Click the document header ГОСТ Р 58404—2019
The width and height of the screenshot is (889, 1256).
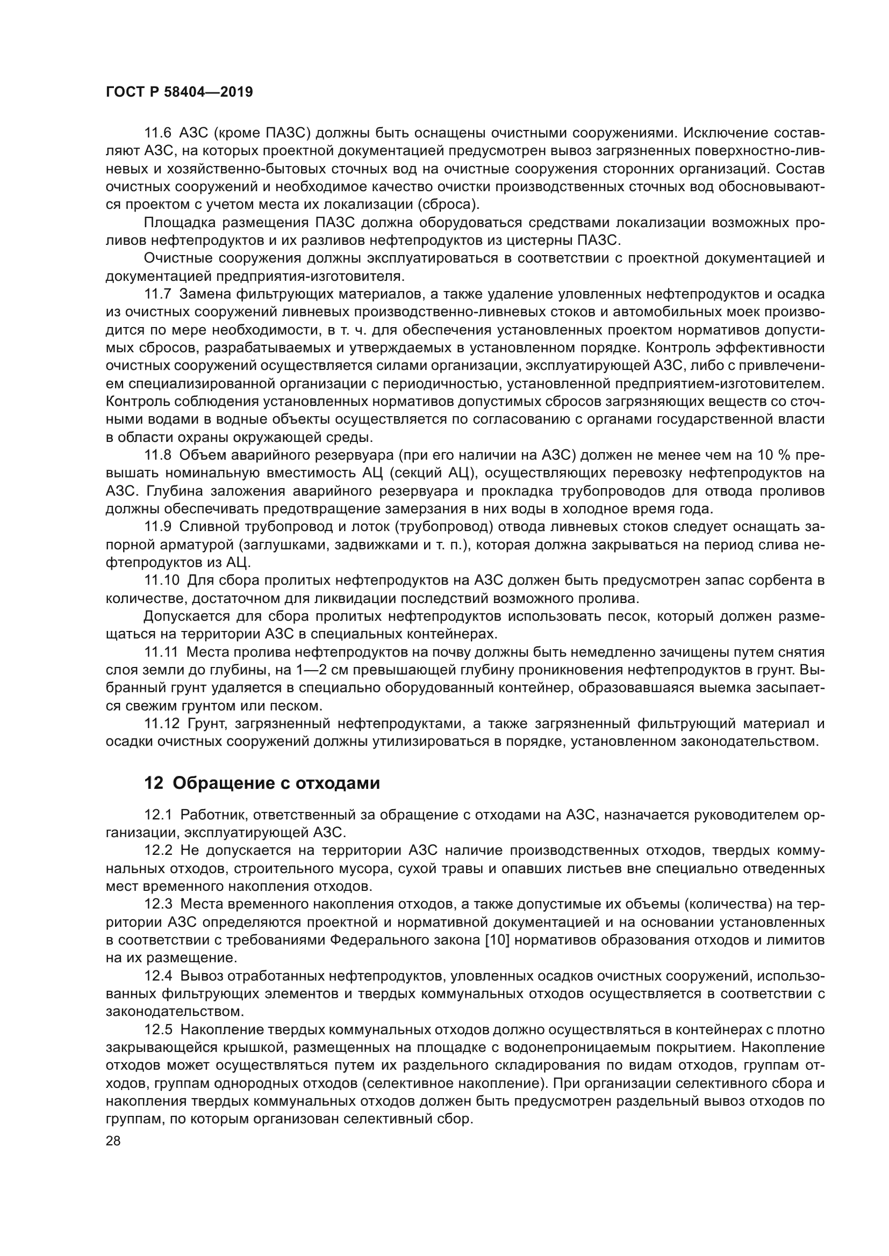[x=179, y=92]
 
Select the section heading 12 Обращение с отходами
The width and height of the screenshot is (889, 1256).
[x=262, y=783]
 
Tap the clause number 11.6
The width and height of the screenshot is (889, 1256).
[x=157, y=133]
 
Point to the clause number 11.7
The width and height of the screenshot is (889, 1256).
[x=157, y=294]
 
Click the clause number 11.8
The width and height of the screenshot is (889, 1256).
[x=157, y=456]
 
